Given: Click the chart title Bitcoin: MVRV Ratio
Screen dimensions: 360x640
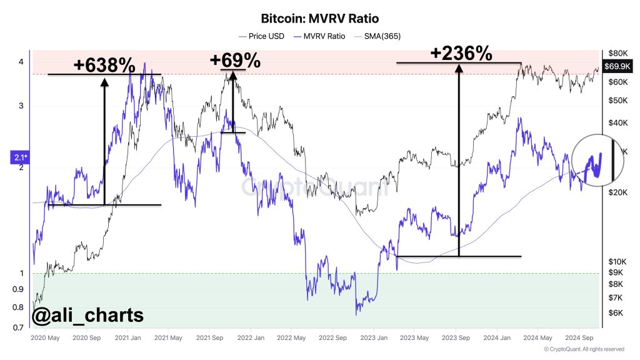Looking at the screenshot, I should pos(319,19).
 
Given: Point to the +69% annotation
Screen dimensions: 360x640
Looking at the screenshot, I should pos(235,61).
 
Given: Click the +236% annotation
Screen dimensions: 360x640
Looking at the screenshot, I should pos(461,54).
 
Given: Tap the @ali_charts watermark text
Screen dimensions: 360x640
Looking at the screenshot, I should pos(87,316).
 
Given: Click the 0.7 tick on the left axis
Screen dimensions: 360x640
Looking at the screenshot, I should pos(20,328).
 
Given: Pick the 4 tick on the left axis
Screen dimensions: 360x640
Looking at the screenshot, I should pos(21,62).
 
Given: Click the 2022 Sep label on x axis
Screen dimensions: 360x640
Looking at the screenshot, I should pos(333,338).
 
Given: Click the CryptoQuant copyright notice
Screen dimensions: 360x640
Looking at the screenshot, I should pos(584,349).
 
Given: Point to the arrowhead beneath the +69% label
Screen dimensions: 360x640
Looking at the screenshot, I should pos(232,74).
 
